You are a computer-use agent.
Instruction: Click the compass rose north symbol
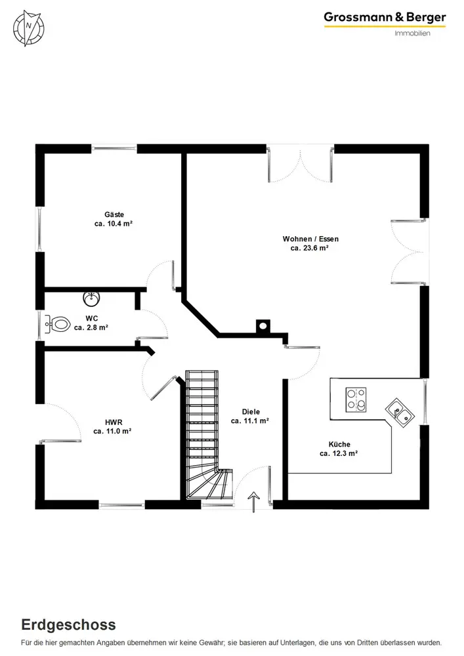(29, 27)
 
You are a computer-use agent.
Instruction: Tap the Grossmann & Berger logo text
(384, 18)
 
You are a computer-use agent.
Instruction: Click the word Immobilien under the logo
(412, 33)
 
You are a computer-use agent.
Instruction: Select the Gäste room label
(114, 215)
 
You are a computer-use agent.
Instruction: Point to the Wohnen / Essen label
(310, 239)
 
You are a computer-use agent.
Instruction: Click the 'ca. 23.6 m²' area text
(310, 249)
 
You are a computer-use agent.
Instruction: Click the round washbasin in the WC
(91, 299)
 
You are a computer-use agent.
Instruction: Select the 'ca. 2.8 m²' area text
(91, 327)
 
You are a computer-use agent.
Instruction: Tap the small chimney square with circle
(262, 325)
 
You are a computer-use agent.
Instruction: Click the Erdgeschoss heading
(68, 624)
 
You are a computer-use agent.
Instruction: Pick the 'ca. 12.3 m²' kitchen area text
(339, 453)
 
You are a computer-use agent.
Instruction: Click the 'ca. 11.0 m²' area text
(113, 431)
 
